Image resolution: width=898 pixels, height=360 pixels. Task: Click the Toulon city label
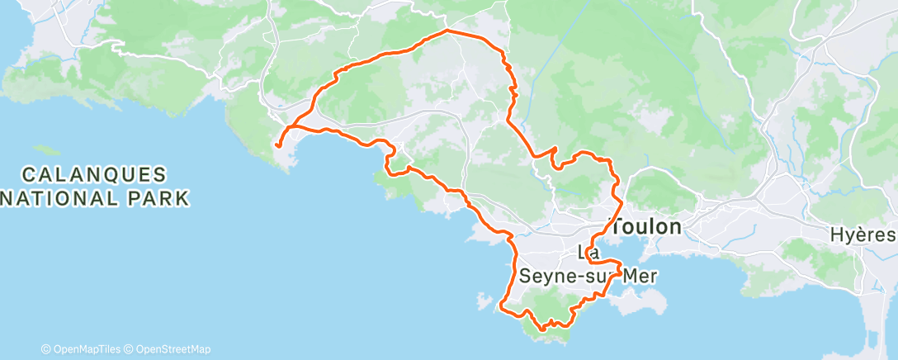click(x=645, y=227)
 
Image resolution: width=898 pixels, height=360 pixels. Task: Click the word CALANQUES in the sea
click(x=95, y=175)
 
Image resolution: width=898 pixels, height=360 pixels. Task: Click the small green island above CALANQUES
click(x=49, y=151)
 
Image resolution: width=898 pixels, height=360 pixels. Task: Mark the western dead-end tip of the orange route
click(x=279, y=145)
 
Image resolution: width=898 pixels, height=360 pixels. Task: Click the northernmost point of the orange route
click(x=447, y=30)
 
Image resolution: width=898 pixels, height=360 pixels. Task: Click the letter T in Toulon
click(x=617, y=227)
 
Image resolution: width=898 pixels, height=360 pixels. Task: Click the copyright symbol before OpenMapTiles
click(x=46, y=349)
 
